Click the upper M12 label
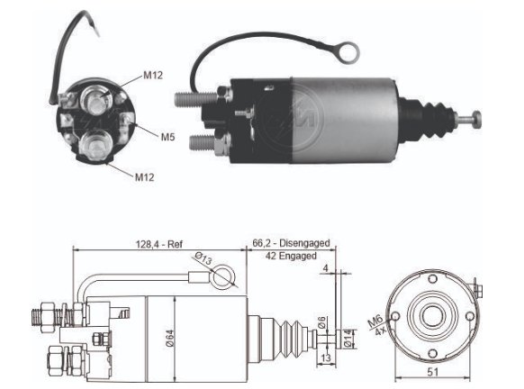153,76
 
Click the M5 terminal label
168,137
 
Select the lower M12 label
144,176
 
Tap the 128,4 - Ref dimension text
159,244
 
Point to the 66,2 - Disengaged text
291,243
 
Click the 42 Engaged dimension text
291,256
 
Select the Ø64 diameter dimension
170,339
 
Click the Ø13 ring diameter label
203,258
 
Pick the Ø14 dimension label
348,339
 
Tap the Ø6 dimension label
321,322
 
